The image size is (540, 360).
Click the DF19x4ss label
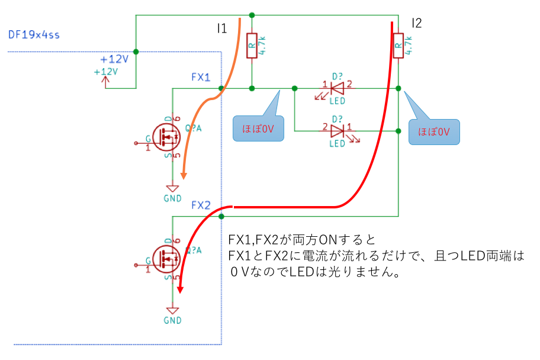coord(34,35)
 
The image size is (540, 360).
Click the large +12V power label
coord(114,59)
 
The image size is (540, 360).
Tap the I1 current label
coord(222,28)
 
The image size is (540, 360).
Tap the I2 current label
coord(416,24)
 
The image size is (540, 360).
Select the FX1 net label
coord(201,78)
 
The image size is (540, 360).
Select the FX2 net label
coord(201,205)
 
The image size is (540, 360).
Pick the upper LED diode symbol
coord(337,89)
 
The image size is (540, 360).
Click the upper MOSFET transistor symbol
coord(167,137)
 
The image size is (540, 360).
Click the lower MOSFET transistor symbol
coord(167,258)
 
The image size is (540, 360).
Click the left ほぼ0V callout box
coord(256,128)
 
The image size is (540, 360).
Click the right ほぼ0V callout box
coord(434,131)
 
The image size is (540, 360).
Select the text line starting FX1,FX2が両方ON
coord(301,240)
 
